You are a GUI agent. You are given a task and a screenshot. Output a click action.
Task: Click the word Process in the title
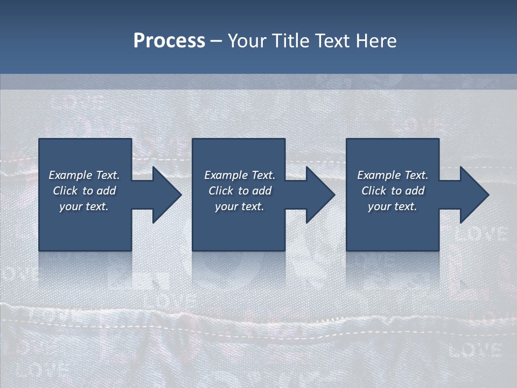pyautogui.click(x=169, y=41)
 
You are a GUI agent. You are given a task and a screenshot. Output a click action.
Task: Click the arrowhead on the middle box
pyautogui.click(x=319, y=195)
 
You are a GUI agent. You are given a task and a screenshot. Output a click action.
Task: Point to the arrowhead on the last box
pyautogui.click(x=473, y=195)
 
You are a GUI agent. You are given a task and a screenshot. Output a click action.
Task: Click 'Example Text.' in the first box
pyautogui.click(x=84, y=175)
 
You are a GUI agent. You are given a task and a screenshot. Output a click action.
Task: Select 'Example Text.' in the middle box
pyautogui.click(x=240, y=175)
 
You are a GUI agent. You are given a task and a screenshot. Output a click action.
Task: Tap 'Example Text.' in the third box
pyautogui.click(x=393, y=175)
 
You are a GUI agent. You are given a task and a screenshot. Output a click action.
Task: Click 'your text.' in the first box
pyautogui.click(x=84, y=206)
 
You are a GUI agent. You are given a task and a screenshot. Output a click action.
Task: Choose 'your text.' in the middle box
pyautogui.click(x=240, y=206)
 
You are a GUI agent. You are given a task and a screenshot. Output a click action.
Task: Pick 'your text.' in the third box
pyautogui.click(x=393, y=206)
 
